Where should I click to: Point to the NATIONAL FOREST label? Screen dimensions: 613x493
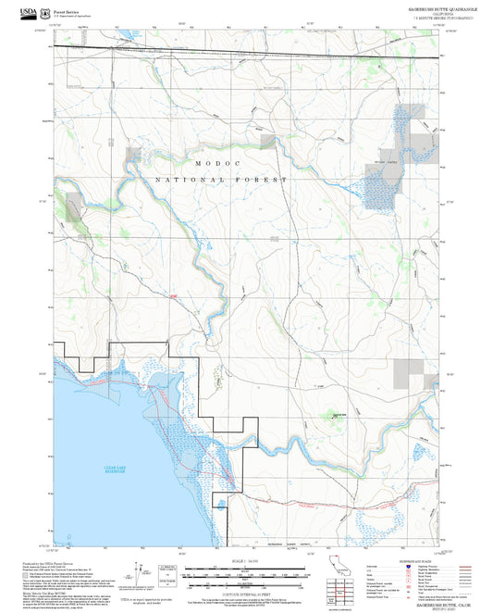point(222,179)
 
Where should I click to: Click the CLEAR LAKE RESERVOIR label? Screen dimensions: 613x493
point(115,470)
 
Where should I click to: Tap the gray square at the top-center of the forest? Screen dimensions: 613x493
point(268,141)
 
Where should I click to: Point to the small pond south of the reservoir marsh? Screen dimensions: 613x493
point(220,504)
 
